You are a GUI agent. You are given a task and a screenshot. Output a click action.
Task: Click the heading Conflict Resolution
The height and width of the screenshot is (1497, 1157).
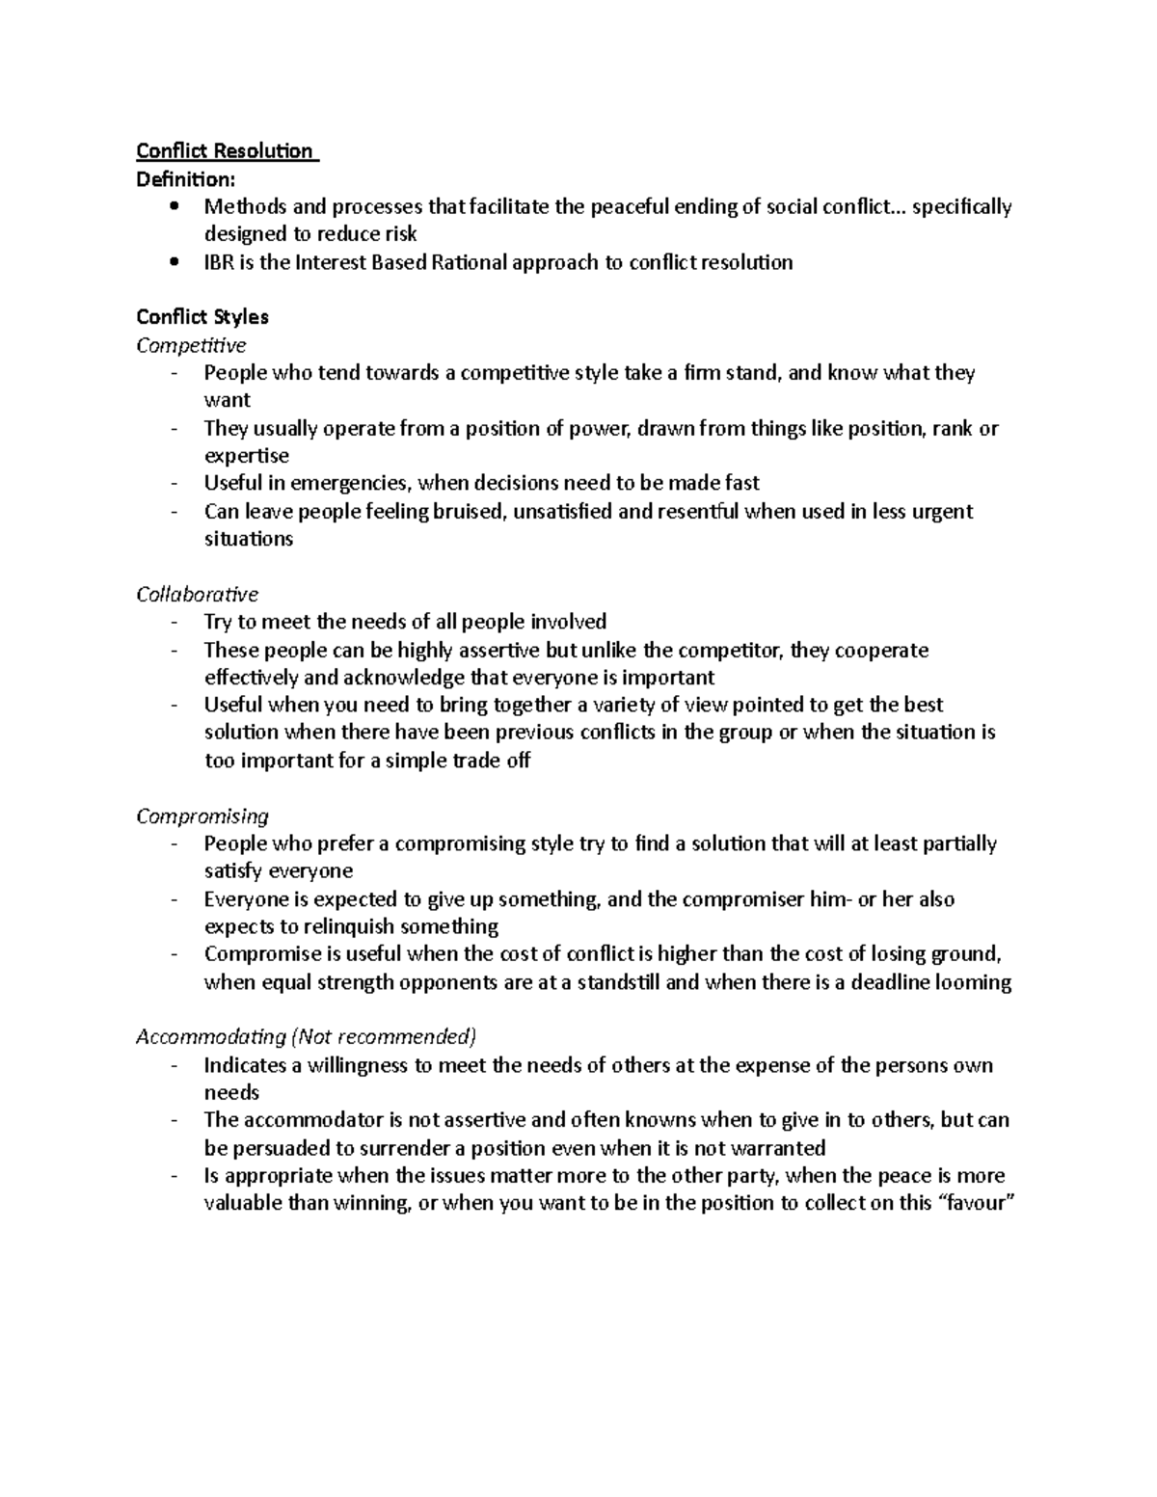point(225,151)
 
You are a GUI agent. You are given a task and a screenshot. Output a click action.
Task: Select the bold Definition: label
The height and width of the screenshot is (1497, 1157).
point(184,179)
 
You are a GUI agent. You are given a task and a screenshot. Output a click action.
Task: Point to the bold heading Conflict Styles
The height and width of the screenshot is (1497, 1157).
point(202,317)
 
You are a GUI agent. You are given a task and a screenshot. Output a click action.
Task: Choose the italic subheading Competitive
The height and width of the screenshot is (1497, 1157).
point(191,345)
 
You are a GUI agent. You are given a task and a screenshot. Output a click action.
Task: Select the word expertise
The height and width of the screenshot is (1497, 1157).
point(246,456)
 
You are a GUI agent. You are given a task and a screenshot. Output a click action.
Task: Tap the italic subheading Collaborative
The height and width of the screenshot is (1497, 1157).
point(197,595)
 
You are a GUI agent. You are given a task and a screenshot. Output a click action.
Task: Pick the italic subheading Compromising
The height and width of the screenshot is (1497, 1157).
point(202,816)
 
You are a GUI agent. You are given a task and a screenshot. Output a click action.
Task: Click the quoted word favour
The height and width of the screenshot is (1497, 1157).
point(977,1203)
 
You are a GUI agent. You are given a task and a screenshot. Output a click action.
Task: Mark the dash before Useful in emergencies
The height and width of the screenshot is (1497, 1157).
point(174,483)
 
